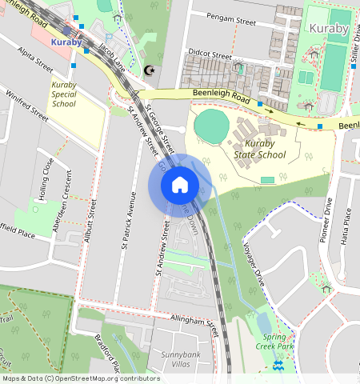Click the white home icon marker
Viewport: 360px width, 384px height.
[x=180, y=185]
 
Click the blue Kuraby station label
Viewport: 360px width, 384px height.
[x=66, y=41]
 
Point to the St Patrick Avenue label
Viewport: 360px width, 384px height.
[x=126, y=220]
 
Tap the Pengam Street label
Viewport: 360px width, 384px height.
[x=230, y=16]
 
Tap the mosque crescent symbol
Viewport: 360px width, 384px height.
[x=147, y=70]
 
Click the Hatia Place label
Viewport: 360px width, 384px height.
[x=346, y=224]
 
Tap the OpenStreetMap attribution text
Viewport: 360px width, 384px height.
[x=81, y=378]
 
